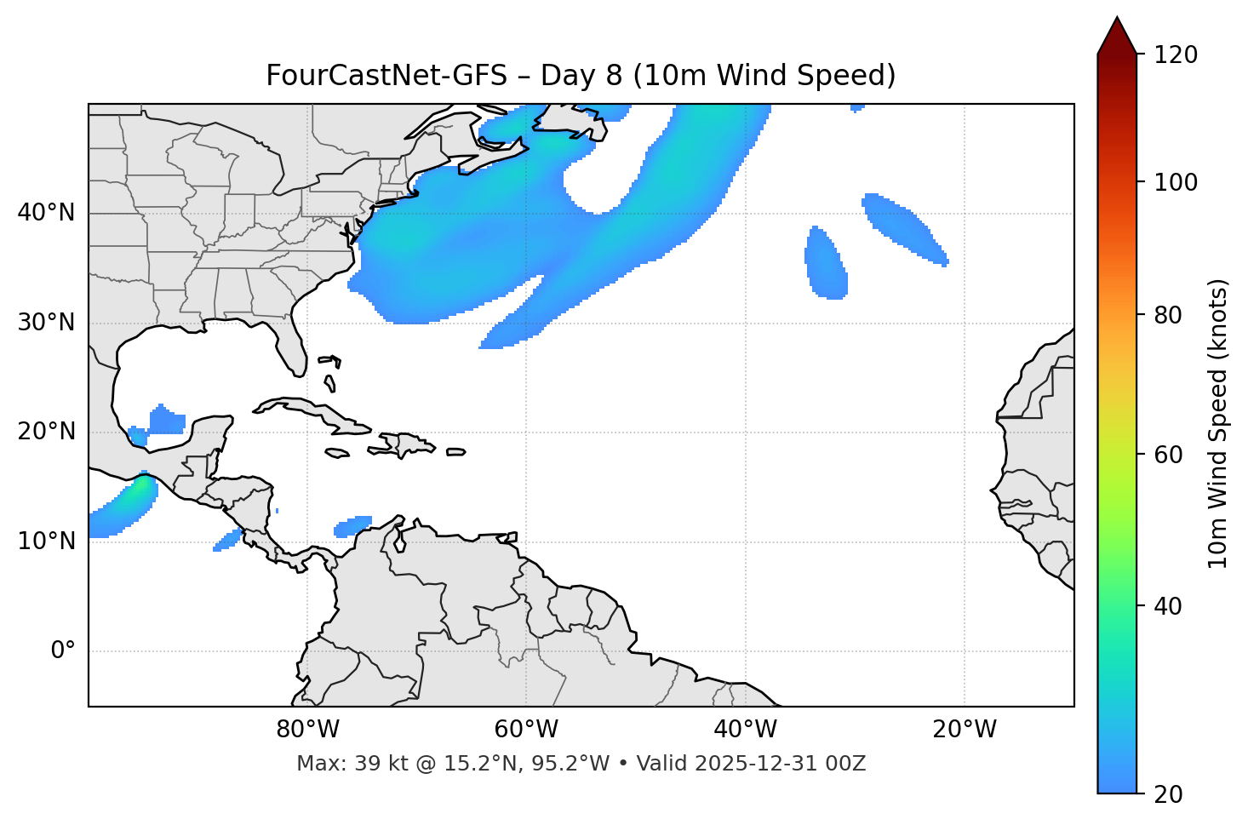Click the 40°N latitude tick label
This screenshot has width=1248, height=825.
pyautogui.click(x=46, y=213)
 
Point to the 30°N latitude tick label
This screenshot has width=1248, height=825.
pyautogui.click(x=46, y=323)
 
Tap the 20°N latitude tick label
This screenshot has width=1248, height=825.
pyautogui.click(x=46, y=432)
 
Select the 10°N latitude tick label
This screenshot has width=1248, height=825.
pyautogui.click(x=46, y=541)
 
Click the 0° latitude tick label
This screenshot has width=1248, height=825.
pyautogui.click(x=63, y=651)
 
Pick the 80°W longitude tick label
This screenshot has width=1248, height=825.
pyautogui.click(x=307, y=730)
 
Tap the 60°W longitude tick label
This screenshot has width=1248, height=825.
pyautogui.click(x=526, y=730)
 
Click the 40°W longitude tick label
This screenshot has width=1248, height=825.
pyautogui.click(x=745, y=730)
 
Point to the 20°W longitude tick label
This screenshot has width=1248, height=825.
pyautogui.click(x=964, y=730)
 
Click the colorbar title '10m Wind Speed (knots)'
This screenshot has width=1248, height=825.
pyautogui.click(x=1218, y=424)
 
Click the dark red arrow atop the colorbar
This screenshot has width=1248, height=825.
pyautogui.click(x=1117, y=37)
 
